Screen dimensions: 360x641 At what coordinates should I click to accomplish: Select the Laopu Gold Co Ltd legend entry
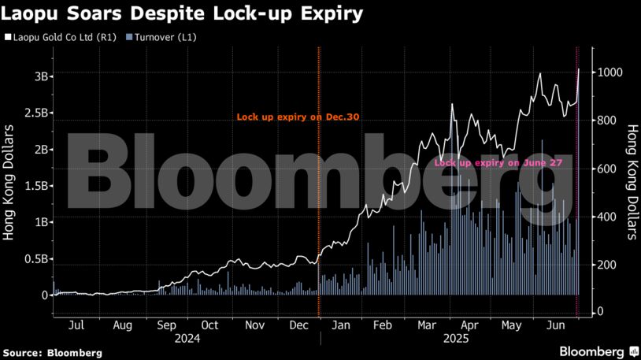tap(62, 36)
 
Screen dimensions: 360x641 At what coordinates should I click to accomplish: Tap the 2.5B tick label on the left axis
tap(37, 113)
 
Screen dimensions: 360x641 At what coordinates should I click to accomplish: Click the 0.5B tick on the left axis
tap(37, 258)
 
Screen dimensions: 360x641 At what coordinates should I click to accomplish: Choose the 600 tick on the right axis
tap(606, 169)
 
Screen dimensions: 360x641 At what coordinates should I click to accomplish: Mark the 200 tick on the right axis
tap(606, 264)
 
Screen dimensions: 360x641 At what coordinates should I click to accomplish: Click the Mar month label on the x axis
tap(428, 324)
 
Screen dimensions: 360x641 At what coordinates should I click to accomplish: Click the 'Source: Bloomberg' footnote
tap(53, 352)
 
